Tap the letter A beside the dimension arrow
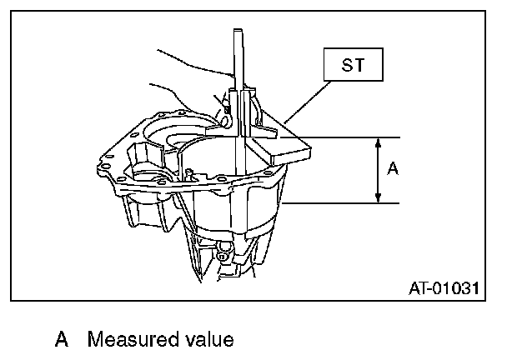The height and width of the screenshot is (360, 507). tap(394, 169)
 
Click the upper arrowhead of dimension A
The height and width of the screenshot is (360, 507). tap(379, 142)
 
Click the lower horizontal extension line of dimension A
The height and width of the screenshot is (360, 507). tap(350, 202)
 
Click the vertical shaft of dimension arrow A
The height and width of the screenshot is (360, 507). tap(379, 170)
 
